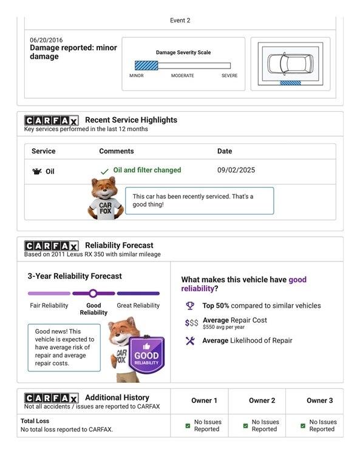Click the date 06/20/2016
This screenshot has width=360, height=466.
[46, 40]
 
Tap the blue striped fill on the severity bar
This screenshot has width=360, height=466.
[146, 66]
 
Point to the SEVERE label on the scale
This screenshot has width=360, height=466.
[229, 76]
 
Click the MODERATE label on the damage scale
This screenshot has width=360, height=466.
[183, 76]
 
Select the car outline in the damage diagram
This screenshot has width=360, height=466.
[290, 64]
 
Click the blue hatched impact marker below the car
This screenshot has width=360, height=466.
[290, 83]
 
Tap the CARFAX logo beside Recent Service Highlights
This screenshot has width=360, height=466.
[52, 121]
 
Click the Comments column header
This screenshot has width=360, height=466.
[117, 151]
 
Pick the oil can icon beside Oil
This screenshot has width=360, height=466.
[37, 172]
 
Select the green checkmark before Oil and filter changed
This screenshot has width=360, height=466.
[104, 172]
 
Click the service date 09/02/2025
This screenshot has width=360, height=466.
[236, 170]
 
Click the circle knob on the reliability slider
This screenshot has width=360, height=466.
[93, 293]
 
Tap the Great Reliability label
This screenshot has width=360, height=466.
[138, 306]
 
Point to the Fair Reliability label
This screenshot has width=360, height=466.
[49, 306]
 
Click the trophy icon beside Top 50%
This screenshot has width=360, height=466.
[190, 306]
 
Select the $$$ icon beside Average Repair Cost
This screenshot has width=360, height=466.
[191, 323]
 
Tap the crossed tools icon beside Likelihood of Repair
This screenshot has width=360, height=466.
[190, 340]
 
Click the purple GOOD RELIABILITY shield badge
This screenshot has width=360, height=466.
[146, 355]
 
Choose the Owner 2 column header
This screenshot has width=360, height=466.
[262, 400]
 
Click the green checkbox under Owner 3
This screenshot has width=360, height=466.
[303, 425]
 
